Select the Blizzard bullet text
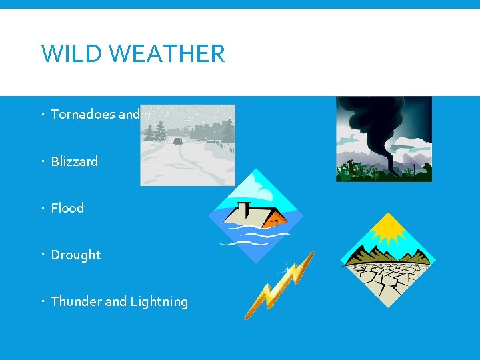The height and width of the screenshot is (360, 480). coord(74,161)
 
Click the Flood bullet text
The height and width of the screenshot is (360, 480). coord(67,208)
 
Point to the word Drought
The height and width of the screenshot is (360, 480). coord(76,255)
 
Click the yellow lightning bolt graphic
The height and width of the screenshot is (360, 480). coord(279,285)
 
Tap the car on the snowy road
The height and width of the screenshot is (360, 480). coord(178,141)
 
